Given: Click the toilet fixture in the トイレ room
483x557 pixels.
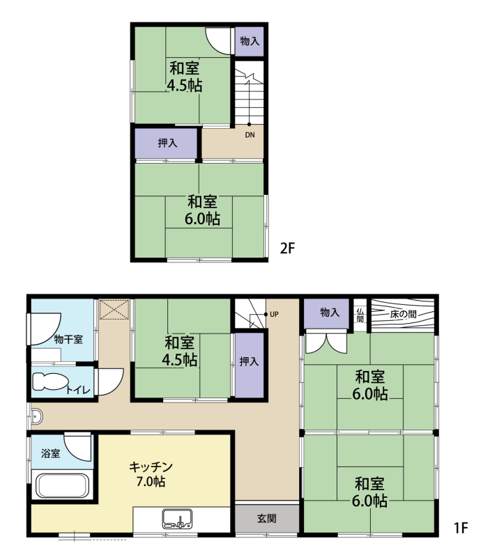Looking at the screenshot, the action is point(49,382).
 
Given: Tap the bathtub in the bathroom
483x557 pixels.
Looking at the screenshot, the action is point(62,485).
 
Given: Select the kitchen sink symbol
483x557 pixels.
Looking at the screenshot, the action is point(177,519).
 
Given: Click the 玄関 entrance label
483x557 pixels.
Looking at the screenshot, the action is point(267,518).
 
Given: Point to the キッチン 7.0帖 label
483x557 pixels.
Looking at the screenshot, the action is point(151,474).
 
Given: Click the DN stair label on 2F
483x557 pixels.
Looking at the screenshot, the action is point(250,135).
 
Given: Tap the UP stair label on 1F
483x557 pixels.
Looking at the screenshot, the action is point(274,315).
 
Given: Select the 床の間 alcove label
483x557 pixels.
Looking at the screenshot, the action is point(403,315).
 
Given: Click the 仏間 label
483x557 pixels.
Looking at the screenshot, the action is point(360,315).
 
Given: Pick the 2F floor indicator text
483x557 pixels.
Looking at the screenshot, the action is point(288,248).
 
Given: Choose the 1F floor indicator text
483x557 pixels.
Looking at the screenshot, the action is point(461,528).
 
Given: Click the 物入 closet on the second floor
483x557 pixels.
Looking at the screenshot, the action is point(250,41).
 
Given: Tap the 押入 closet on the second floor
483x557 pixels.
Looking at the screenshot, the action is point(166,143).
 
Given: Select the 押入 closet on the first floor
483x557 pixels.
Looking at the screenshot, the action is point(250,365).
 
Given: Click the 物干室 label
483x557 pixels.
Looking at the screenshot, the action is point(68,339).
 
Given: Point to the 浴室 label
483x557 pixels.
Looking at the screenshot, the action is point(50,453).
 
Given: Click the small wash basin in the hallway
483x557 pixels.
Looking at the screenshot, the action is point(37,416).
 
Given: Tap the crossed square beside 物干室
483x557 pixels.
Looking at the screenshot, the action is point(114,310).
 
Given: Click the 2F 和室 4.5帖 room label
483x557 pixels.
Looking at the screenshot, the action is point(185,77).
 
